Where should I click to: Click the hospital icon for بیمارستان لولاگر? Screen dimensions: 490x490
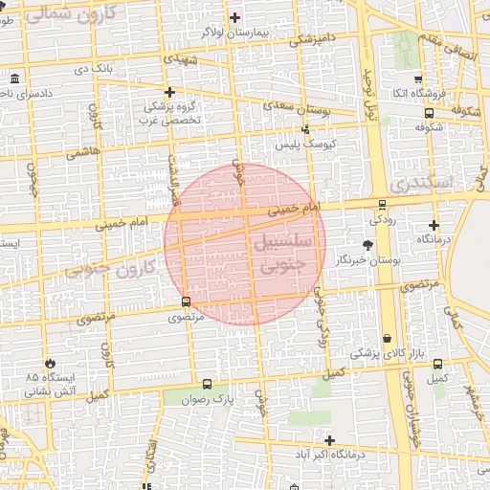(x=235, y=18)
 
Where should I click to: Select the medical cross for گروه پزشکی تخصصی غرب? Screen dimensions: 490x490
(x=169, y=93)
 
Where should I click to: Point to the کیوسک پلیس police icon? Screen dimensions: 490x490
(x=305, y=129)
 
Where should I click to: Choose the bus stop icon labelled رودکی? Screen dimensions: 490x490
(x=383, y=204)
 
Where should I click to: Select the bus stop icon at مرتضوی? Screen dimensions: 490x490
(x=186, y=301)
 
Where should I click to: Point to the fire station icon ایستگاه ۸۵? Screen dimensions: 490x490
(x=50, y=364)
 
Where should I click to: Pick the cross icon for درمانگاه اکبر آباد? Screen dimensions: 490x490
(x=329, y=440)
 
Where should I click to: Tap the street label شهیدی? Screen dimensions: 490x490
(x=182, y=59)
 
